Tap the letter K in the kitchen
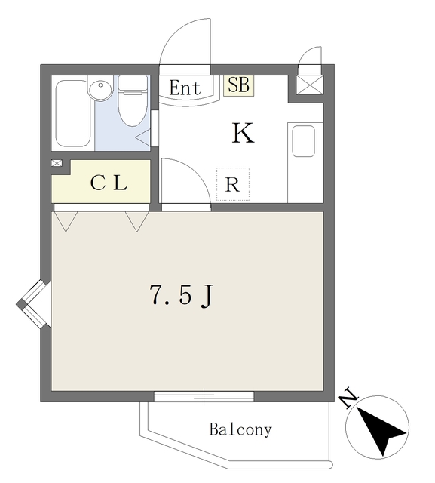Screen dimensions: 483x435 (243, 134)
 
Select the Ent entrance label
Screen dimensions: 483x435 (185, 88)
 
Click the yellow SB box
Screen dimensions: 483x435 (238, 85)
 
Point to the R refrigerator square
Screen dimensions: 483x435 (232, 184)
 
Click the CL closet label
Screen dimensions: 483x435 (109, 183)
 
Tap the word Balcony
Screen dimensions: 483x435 (240, 430)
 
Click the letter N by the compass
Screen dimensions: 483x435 (348, 398)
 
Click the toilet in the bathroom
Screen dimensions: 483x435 (133, 101)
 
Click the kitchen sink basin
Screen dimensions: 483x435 (303, 141)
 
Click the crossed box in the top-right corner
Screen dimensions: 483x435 (310, 84)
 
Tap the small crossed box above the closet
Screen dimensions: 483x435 (57, 163)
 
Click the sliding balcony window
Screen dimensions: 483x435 (204, 395)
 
